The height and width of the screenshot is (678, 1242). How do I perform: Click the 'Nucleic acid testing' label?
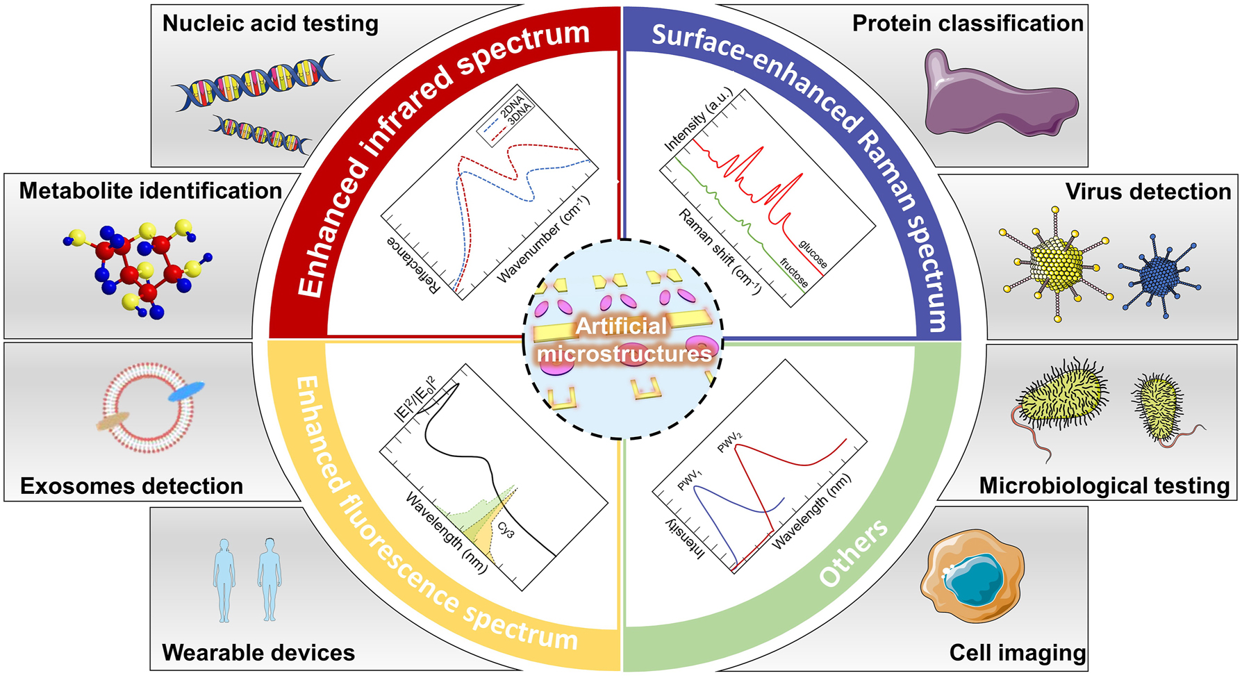(270, 24)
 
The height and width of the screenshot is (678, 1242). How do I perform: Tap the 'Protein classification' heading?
(967, 24)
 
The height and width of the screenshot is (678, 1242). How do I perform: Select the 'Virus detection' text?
(1148, 192)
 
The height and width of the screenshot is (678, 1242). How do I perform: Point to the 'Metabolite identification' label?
(150, 191)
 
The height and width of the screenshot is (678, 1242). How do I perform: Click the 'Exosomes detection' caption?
(131, 486)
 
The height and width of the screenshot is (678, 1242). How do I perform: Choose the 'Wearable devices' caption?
(258, 653)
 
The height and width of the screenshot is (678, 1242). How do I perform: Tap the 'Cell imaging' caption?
(1017, 653)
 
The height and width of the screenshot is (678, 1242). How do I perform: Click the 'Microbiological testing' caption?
(1104, 486)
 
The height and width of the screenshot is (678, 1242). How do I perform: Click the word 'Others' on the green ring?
(853, 554)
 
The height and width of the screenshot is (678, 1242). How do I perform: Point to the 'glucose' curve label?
(813, 254)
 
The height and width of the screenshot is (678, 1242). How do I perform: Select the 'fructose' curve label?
(794, 273)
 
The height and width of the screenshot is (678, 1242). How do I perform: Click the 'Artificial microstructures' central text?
(623, 340)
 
